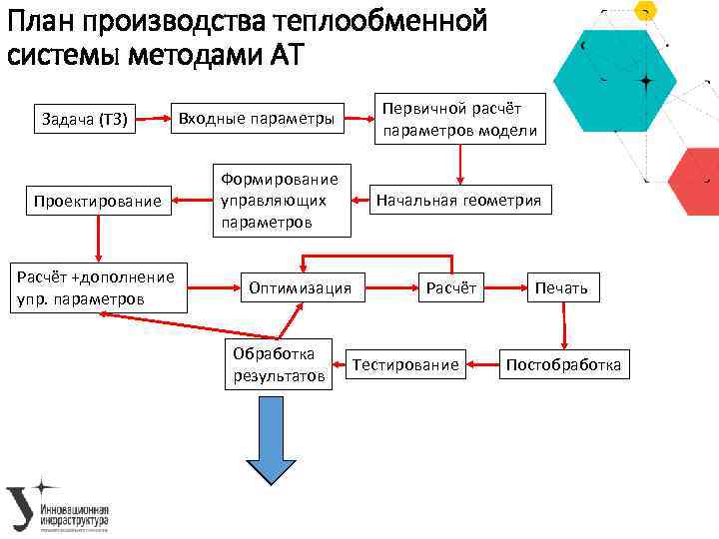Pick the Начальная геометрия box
coord(458,201)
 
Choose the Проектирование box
coord(97,202)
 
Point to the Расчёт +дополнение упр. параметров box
coord(97,288)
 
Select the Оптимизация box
coord(300,288)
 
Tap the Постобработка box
coord(563,365)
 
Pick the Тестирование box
coord(406,365)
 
